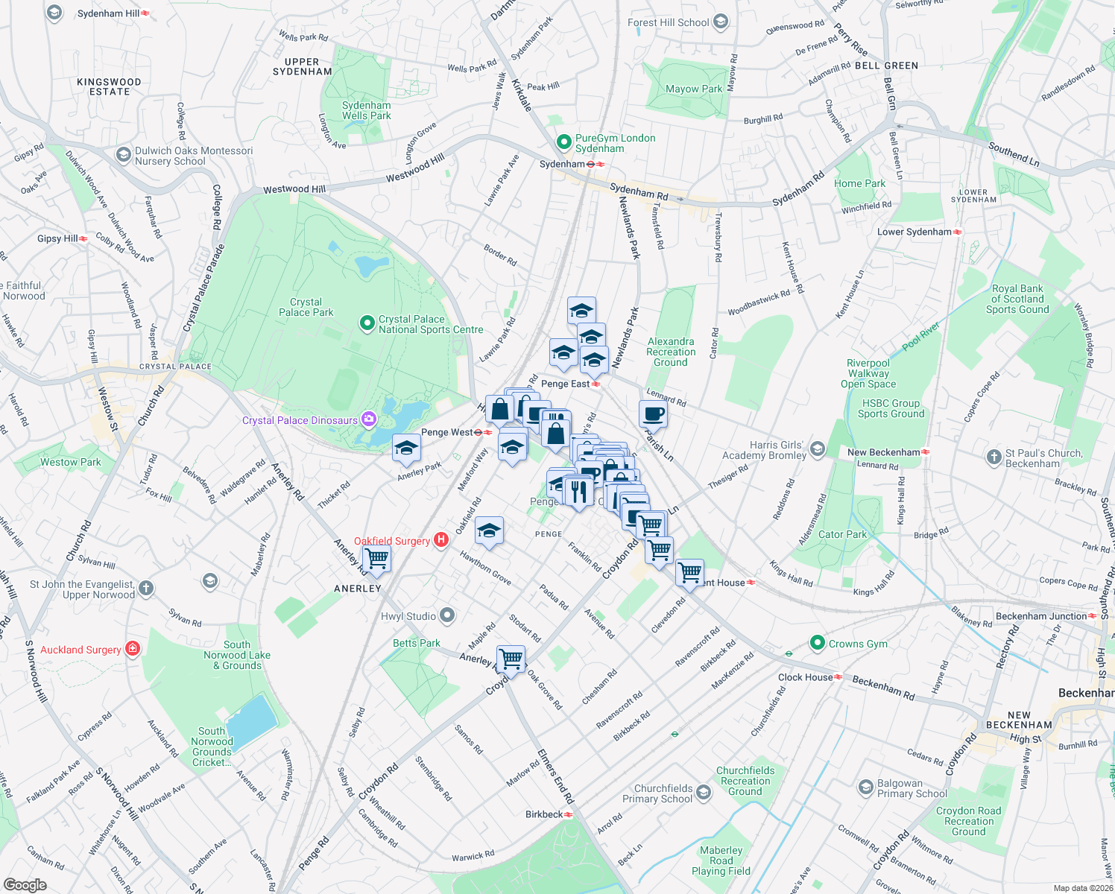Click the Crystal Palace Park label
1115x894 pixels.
click(306, 307)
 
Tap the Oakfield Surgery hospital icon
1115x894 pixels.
click(441, 540)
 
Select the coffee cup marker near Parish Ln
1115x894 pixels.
click(653, 414)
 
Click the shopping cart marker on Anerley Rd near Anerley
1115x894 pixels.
click(376, 559)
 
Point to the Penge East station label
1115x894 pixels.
click(565, 384)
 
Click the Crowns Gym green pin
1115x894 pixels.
click(818, 643)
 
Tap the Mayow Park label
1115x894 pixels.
click(694, 89)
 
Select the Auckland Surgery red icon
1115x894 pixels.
click(133, 649)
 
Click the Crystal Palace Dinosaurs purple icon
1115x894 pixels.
click(368, 420)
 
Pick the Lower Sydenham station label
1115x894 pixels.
click(914, 232)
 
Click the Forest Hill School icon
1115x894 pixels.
click(720, 22)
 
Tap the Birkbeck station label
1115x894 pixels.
click(544, 814)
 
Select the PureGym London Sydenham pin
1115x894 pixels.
click(564, 142)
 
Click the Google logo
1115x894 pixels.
click(25, 885)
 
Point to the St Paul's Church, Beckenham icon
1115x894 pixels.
click(994, 457)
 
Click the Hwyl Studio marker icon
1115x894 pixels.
click(447, 615)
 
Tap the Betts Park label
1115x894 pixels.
click(417, 643)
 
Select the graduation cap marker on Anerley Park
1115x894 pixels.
click(406, 448)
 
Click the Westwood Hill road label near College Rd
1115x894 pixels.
click(294, 189)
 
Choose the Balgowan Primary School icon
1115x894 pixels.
click(865, 787)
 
